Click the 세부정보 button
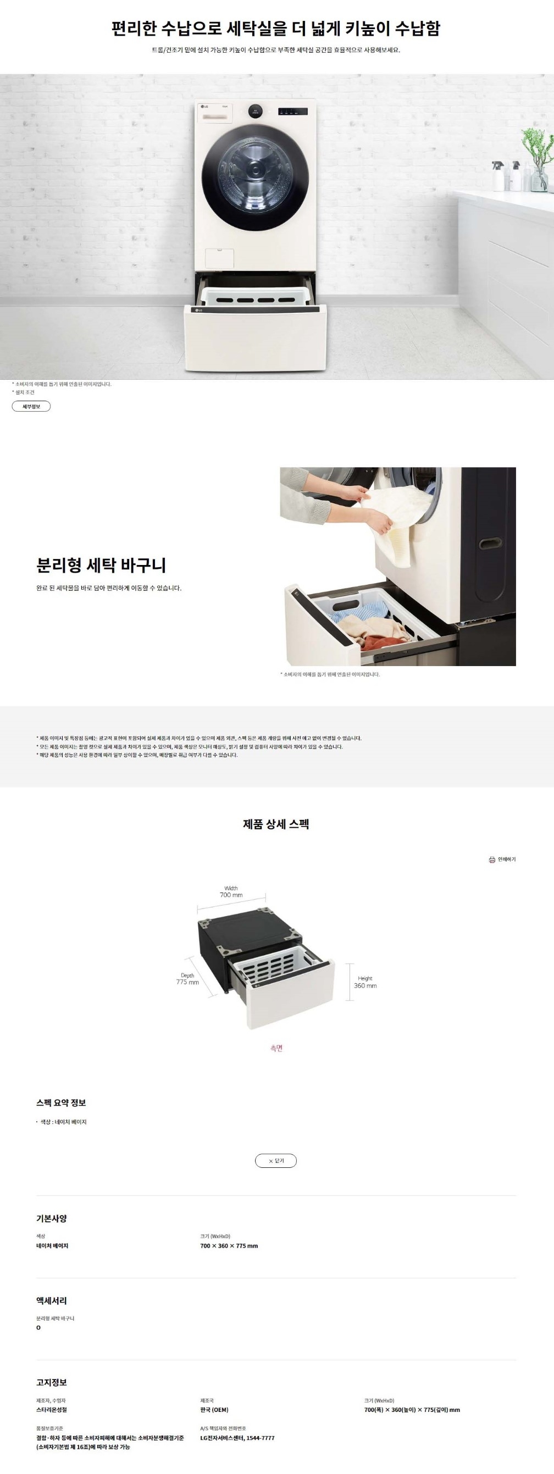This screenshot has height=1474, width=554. coord(31,406)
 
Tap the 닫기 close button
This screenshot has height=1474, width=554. coord(276,1160)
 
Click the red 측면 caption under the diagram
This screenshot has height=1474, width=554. coord(276,1048)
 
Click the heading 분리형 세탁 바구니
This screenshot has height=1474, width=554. coord(101,566)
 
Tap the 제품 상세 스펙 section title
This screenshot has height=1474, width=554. coord(276,824)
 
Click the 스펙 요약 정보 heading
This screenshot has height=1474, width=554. coord(61,1102)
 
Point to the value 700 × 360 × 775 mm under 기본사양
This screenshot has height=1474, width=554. coord(229,1246)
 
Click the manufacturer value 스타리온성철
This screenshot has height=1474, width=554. coord(52,1409)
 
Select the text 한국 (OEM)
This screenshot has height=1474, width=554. coord(214,1409)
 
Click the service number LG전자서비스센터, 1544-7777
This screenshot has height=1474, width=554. coord(237,1437)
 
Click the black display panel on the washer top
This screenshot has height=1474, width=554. coord(292,112)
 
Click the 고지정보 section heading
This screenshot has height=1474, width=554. coord(52,1382)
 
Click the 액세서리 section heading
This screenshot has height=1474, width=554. coord(52,1301)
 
